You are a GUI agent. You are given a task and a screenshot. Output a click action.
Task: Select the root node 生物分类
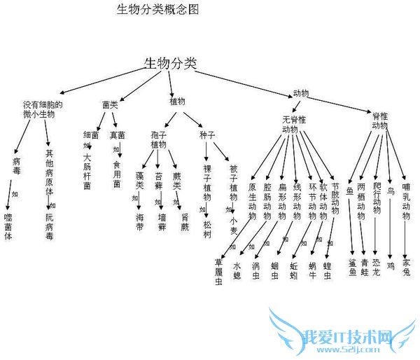click(170, 63)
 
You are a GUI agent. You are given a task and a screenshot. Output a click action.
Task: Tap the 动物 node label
click(301, 93)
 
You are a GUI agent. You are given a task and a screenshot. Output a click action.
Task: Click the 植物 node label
click(178, 101)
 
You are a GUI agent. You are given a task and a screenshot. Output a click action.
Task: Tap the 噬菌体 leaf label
click(8, 226)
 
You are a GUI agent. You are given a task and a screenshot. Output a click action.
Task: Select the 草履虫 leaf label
click(218, 271)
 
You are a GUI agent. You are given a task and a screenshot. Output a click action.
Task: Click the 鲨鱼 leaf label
click(351, 266)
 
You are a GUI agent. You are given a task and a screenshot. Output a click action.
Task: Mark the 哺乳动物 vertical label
click(406, 202)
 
